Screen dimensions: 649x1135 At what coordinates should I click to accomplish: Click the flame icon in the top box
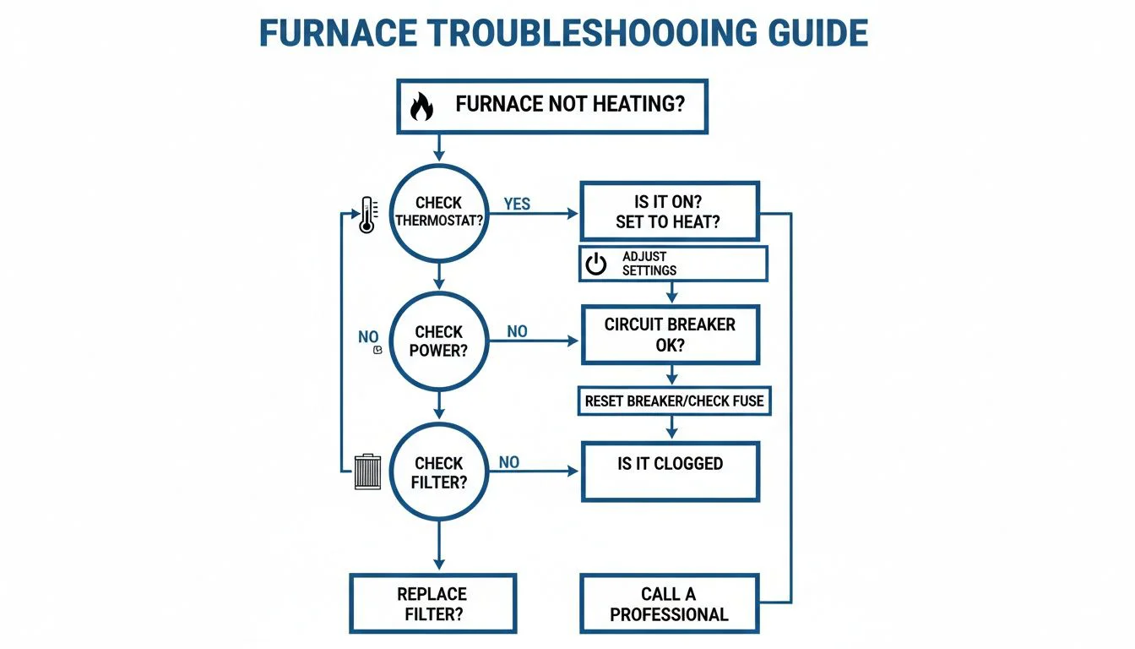[421, 106]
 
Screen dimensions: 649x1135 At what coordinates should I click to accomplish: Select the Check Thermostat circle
[438, 213]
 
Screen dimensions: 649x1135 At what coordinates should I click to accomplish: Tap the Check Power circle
[438, 341]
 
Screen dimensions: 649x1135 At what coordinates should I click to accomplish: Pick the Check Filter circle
[438, 472]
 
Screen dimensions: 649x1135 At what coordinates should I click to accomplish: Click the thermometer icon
[367, 215]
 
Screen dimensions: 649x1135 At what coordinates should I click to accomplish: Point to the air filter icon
[367, 472]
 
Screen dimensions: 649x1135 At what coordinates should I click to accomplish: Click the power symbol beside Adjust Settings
[596, 265]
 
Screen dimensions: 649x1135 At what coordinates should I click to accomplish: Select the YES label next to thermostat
[517, 205]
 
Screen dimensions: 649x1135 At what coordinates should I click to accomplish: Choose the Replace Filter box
[432, 604]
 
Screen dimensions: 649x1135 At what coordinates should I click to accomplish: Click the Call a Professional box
[669, 604]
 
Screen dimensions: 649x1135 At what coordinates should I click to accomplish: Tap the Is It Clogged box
[671, 471]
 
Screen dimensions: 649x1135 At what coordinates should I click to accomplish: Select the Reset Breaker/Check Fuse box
[674, 401]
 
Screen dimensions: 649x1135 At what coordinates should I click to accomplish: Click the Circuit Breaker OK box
[671, 335]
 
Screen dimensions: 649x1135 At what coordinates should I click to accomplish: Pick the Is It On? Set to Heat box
[671, 211]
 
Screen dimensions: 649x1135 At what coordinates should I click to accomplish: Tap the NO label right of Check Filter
[509, 462]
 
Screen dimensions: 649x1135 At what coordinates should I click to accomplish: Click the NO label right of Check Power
[517, 332]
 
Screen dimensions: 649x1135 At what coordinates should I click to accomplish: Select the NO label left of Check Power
[368, 337]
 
